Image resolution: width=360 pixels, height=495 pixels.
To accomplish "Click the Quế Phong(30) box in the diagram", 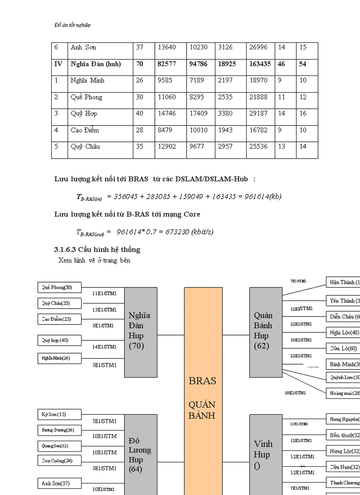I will tap(60, 288).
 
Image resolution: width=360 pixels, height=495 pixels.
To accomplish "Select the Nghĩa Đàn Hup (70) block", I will tap(141, 332).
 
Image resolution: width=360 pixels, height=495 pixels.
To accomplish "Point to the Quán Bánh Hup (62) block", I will tap(266, 332).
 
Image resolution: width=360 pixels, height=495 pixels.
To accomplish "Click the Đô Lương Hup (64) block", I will tap(141, 454).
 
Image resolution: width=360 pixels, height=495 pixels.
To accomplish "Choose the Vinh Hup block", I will tap(266, 454).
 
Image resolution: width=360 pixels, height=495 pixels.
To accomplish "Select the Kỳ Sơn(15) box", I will tap(60, 414).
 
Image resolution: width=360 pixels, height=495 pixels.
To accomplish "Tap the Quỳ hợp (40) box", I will tap(60, 340).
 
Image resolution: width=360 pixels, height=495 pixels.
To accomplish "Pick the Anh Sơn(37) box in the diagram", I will tap(60, 484).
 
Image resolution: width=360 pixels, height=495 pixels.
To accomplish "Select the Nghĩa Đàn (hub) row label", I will tap(96, 64).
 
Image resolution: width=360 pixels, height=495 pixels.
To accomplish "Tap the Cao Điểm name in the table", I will tap(85, 130).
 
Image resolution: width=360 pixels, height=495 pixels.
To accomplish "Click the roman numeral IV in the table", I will tap(58, 64).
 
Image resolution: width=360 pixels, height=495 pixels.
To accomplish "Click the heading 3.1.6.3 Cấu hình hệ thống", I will tap(97, 249).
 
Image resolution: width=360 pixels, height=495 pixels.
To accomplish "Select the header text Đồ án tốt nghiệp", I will tap(72, 25).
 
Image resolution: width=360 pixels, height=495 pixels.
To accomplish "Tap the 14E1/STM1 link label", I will tap(105, 347).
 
